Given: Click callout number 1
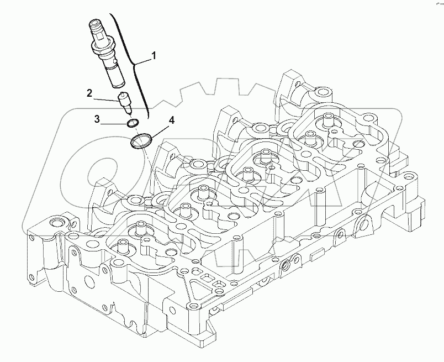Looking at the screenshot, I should click(154, 55).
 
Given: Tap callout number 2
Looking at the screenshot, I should click(89, 93).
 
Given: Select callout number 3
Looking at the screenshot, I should click(97, 118).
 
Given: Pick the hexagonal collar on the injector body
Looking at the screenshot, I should click(104, 53).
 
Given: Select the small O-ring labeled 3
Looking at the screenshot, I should click(133, 123).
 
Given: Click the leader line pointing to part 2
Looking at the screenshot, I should click(108, 99).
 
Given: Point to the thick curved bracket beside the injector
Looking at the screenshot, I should click(133, 61).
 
